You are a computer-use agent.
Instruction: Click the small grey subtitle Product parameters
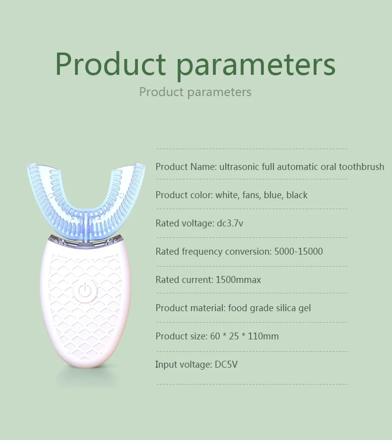195,92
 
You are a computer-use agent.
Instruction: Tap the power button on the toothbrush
84,291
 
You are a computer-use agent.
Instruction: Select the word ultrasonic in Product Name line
239,167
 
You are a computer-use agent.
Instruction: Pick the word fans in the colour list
251,195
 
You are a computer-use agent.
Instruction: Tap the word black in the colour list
297,195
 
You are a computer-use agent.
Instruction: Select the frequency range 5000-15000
298,252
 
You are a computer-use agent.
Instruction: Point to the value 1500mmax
238,280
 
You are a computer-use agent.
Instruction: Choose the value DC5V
226,365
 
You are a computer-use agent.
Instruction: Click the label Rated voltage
184,223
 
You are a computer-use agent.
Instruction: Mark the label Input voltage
183,365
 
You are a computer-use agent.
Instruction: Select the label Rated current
183,280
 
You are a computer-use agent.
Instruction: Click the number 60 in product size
215,336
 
